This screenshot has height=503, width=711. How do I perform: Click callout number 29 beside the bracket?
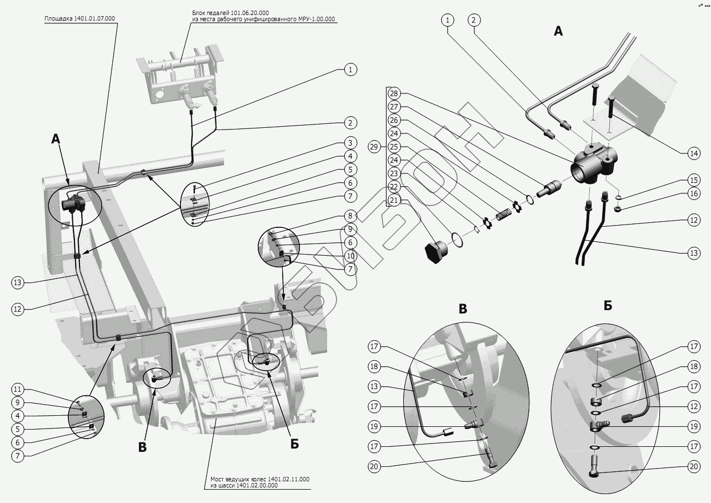[x=374, y=147]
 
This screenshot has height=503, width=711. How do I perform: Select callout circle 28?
[x=394, y=93]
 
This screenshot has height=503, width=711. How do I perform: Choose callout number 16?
[x=693, y=193]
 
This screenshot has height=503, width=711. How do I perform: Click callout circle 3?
[x=350, y=143]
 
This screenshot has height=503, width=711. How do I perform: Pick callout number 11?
[x=18, y=389]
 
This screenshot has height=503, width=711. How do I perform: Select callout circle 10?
[x=350, y=256]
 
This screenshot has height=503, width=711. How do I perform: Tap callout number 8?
[x=350, y=216]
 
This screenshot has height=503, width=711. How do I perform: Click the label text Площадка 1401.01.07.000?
[x=80, y=18]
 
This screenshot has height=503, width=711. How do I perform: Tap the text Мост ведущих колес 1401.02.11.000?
[x=260, y=479]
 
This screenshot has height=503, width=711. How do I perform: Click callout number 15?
[x=693, y=180]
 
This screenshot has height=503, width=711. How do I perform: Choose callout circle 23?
[x=394, y=173]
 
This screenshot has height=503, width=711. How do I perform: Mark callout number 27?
[x=394, y=107]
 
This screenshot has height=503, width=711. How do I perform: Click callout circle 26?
[x=394, y=120]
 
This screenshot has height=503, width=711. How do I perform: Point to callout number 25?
[x=394, y=147]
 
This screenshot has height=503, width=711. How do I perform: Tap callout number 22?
[x=394, y=187]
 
